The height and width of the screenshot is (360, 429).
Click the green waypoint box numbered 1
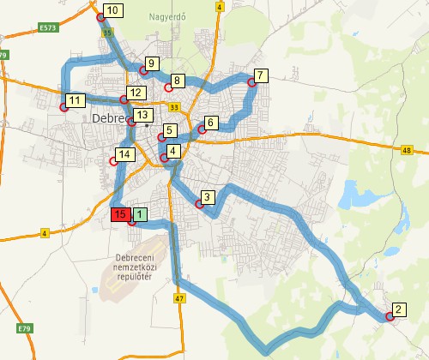pos(141,214)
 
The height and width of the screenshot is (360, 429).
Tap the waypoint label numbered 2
pos(399,309)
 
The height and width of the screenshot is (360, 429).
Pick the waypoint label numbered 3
pos(208,196)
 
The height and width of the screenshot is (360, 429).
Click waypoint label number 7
pos(262,75)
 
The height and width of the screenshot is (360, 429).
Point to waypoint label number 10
pos(113,10)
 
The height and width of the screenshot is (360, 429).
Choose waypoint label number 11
pos(76,100)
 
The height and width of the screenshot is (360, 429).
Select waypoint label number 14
pos(125,154)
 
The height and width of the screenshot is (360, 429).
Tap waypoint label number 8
pos(178,81)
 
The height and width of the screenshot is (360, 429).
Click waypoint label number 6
pos(212,122)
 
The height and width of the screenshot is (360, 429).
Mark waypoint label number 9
pos(152,63)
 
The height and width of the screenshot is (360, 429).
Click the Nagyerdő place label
pos(166,15)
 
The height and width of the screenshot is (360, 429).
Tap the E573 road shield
pos(48,28)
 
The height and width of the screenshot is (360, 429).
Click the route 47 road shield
pos(178,298)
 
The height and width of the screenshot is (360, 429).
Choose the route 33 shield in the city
pos(175,107)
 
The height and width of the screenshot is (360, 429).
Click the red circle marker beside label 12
pos(124,100)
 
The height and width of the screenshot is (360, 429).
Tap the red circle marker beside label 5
pos(160,137)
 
